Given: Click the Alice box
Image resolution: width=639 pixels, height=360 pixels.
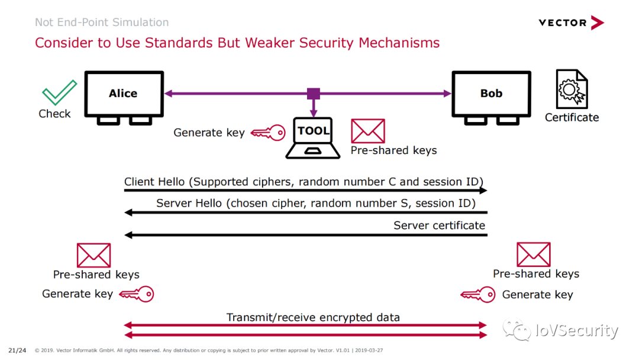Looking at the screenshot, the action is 124,94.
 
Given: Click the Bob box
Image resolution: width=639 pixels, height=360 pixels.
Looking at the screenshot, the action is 491,94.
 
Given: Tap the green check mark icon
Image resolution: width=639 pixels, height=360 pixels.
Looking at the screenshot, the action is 60,92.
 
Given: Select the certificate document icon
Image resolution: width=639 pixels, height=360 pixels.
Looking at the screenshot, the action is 572,89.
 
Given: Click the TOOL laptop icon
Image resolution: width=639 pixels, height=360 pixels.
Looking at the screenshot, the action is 313,138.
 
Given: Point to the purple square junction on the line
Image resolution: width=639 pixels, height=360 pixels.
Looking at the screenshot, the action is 314,94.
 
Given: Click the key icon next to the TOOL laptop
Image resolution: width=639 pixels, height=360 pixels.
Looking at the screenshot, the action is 268,133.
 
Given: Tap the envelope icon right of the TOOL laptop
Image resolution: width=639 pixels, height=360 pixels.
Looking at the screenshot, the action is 368,131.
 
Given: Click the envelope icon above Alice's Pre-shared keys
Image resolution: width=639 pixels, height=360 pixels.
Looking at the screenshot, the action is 93,255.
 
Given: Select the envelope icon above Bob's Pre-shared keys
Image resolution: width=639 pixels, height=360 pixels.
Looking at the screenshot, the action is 534,255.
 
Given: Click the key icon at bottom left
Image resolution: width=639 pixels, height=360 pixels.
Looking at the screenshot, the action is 137,294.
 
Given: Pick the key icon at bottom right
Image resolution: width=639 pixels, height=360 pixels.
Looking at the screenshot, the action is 478,294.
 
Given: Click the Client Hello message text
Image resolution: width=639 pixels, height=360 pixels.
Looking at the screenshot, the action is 304,181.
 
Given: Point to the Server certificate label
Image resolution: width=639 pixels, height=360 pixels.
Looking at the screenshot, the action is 439,226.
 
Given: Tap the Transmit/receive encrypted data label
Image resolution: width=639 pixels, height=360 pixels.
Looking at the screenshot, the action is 313,317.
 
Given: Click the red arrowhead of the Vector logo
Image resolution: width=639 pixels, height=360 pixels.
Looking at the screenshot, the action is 597,23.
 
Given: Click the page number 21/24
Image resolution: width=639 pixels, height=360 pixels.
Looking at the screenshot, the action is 17,350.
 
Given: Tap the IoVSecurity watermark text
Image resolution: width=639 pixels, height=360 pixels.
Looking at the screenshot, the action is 577,330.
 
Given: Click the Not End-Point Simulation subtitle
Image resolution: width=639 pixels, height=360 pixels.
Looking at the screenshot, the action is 102,22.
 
